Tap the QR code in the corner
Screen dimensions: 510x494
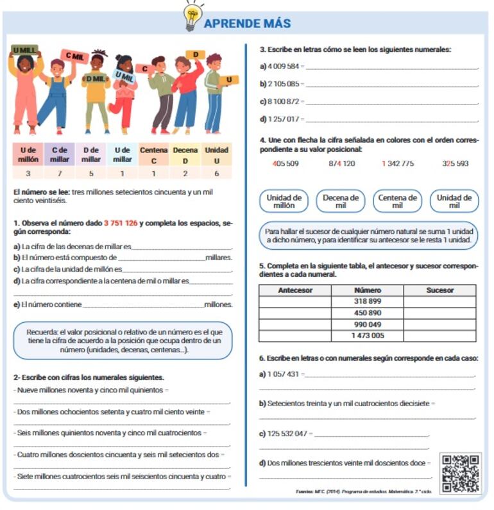[461, 473]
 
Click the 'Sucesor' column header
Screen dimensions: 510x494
[439, 290]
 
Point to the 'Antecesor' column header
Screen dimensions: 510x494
[295, 290]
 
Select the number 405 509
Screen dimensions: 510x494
[285, 164]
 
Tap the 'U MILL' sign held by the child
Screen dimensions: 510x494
[24, 50]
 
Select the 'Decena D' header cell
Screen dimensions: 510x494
[185, 154]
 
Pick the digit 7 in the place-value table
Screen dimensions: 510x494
[60, 174]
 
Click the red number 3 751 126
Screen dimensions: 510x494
[121, 224]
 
